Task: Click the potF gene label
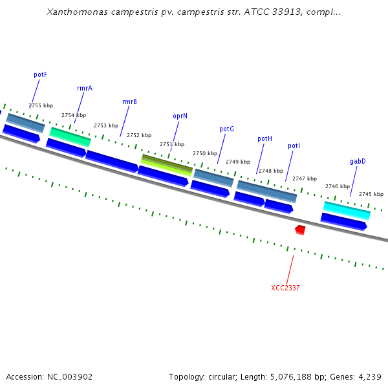point(40,74)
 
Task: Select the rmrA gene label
point(84,88)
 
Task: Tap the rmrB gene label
point(129,102)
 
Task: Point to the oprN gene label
point(180,116)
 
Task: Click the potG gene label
point(226,129)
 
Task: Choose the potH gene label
point(264,138)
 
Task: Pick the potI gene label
point(294,145)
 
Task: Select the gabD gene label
point(358,161)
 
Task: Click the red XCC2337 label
point(285,287)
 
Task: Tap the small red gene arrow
point(300,230)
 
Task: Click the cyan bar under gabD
point(347,210)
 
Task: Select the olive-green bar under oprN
point(167,164)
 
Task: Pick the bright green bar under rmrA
point(70,136)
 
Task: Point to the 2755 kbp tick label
point(41,105)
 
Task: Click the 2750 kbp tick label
point(205,153)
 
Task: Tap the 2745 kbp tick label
point(371,194)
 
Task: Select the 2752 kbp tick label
point(139,135)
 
